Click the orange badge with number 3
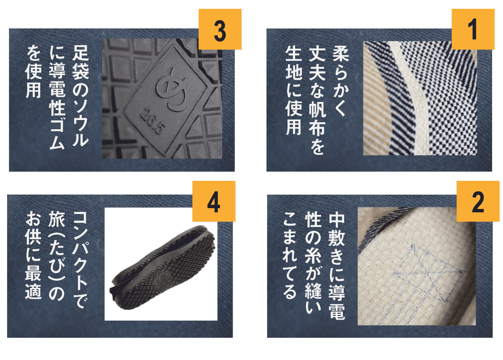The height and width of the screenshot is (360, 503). click(x=220, y=29)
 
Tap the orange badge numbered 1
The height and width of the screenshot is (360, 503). click(x=473, y=29)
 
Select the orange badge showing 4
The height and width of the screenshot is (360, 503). click(x=214, y=201)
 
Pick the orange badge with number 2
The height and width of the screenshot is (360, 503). click(x=478, y=201)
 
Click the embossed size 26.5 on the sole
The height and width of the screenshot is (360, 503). click(x=153, y=122)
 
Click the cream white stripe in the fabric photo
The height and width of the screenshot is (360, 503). click(x=411, y=97)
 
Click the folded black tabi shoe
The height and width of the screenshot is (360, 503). click(x=162, y=267)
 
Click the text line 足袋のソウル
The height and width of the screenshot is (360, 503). click(x=80, y=96)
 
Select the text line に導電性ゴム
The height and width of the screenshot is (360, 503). click(x=57, y=97)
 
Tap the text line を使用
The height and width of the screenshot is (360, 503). click(x=34, y=71)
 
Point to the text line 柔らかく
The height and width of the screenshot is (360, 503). click(x=341, y=81)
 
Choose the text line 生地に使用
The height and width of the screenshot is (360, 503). click(x=294, y=90)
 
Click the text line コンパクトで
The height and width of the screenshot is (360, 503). click(x=80, y=260)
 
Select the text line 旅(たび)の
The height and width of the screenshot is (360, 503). click(x=57, y=256)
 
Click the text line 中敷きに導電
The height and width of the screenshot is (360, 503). click(x=337, y=266)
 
